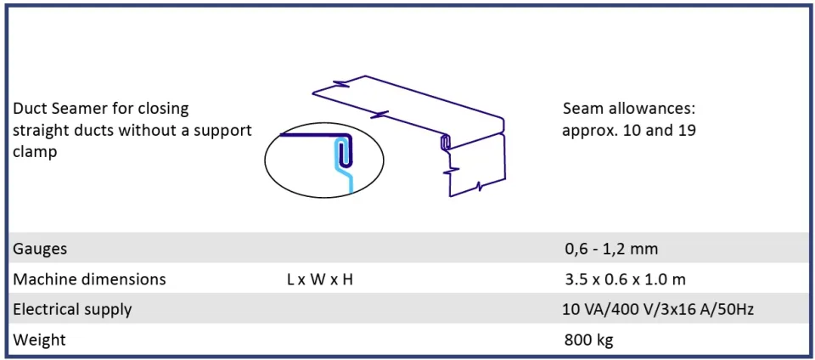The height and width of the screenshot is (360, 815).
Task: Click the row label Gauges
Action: (x=40, y=249)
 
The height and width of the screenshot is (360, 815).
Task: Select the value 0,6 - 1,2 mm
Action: (x=611, y=249)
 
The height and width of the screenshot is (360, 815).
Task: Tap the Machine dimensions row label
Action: (x=89, y=279)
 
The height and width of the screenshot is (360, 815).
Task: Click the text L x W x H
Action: (x=320, y=279)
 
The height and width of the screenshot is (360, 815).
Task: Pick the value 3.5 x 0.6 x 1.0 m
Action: (x=626, y=279)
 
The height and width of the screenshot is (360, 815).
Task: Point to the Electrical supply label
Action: (x=72, y=310)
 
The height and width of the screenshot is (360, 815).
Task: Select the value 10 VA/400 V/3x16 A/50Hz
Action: (x=658, y=310)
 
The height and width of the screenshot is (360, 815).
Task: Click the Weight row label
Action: (x=40, y=340)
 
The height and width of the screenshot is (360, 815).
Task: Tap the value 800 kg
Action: (x=588, y=340)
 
